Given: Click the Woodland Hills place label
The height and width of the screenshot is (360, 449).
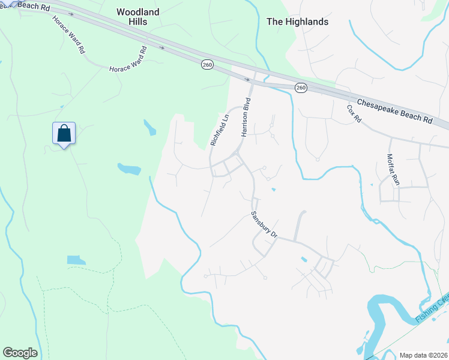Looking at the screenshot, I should pos(138,16).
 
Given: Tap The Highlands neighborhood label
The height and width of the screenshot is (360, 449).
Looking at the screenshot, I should pos(297,22).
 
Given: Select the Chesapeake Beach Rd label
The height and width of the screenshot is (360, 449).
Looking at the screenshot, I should pos(394,112).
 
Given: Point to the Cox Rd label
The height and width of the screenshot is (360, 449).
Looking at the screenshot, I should pos(354,114).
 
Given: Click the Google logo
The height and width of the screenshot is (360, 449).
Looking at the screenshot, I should pos(20,353).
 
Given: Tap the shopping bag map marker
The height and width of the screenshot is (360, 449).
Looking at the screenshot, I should pos(64,134).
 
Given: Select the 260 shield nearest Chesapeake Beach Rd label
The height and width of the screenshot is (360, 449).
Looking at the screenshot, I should pos(301,88).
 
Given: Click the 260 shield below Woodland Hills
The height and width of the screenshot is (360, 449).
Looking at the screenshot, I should pos(207,64).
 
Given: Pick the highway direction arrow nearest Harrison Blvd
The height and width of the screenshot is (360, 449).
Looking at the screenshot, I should pos(247,79).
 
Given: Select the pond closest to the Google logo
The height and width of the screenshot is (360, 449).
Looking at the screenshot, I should pos(76,260).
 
